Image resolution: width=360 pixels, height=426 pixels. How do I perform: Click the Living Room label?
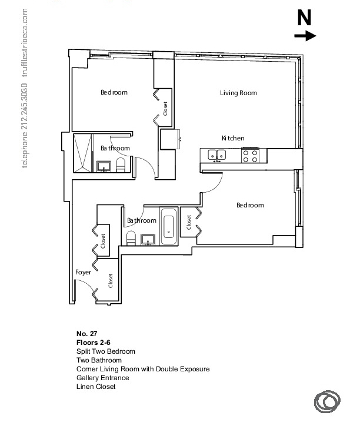pyautogui.click(x=238, y=93)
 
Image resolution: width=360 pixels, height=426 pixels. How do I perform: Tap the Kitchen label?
pyautogui.click(x=233, y=138)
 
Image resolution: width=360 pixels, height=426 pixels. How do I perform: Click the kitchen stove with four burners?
pyautogui.click(x=250, y=155)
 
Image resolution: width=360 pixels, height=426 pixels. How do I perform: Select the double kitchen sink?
pyautogui.click(x=216, y=155)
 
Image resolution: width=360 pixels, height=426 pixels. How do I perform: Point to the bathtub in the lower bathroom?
pyautogui.click(x=169, y=226)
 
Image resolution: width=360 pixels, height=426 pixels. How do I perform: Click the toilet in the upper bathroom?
pyautogui.click(x=121, y=165)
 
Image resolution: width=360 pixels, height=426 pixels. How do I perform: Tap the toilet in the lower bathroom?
pyautogui.click(x=131, y=239)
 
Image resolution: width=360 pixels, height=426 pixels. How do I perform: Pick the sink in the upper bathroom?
pyautogui.click(x=104, y=166)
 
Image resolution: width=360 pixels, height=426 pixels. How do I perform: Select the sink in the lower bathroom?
pyautogui.click(x=148, y=240)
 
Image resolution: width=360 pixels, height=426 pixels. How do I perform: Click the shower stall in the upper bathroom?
pyautogui.click(x=83, y=153)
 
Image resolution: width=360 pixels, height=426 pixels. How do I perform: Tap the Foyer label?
pyautogui.click(x=83, y=272)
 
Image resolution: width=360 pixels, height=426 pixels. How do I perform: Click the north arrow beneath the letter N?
pyautogui.click(x=305, y=36)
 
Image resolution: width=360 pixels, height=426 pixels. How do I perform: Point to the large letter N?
pyautogui.click(x=304, y=18)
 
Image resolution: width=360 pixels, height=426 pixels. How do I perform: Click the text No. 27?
pyautogui.click(x=86, y=334)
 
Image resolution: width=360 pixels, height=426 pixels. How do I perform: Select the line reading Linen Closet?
pyautogui.click(x=96, y=387)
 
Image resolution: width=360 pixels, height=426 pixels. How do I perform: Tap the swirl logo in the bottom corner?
pyautogui.click(x=327, y=401)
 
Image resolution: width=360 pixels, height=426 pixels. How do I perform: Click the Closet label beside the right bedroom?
pyautogui.click(x=189, y=222)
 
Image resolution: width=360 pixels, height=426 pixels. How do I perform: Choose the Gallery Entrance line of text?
pyautogui.click(x=103, y=378)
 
